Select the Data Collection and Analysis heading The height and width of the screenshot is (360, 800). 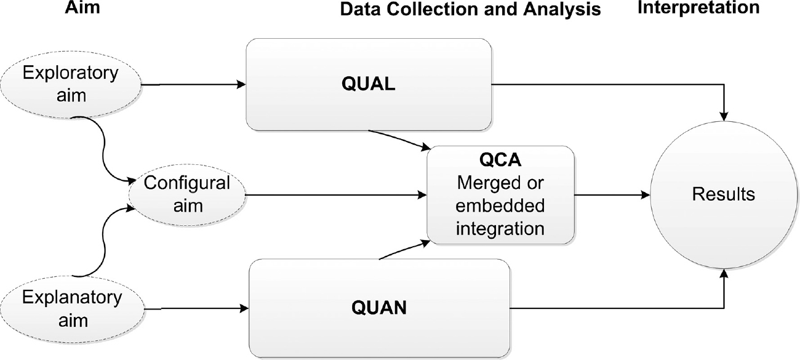coord(470,9)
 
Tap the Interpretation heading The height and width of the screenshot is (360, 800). coord(690,7)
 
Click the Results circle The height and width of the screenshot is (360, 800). coord(724,195)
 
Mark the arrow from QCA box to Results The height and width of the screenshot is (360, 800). coord(613,195)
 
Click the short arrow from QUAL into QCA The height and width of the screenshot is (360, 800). coord(399,140)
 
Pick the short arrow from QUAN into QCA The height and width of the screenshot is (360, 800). coord(404,250)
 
